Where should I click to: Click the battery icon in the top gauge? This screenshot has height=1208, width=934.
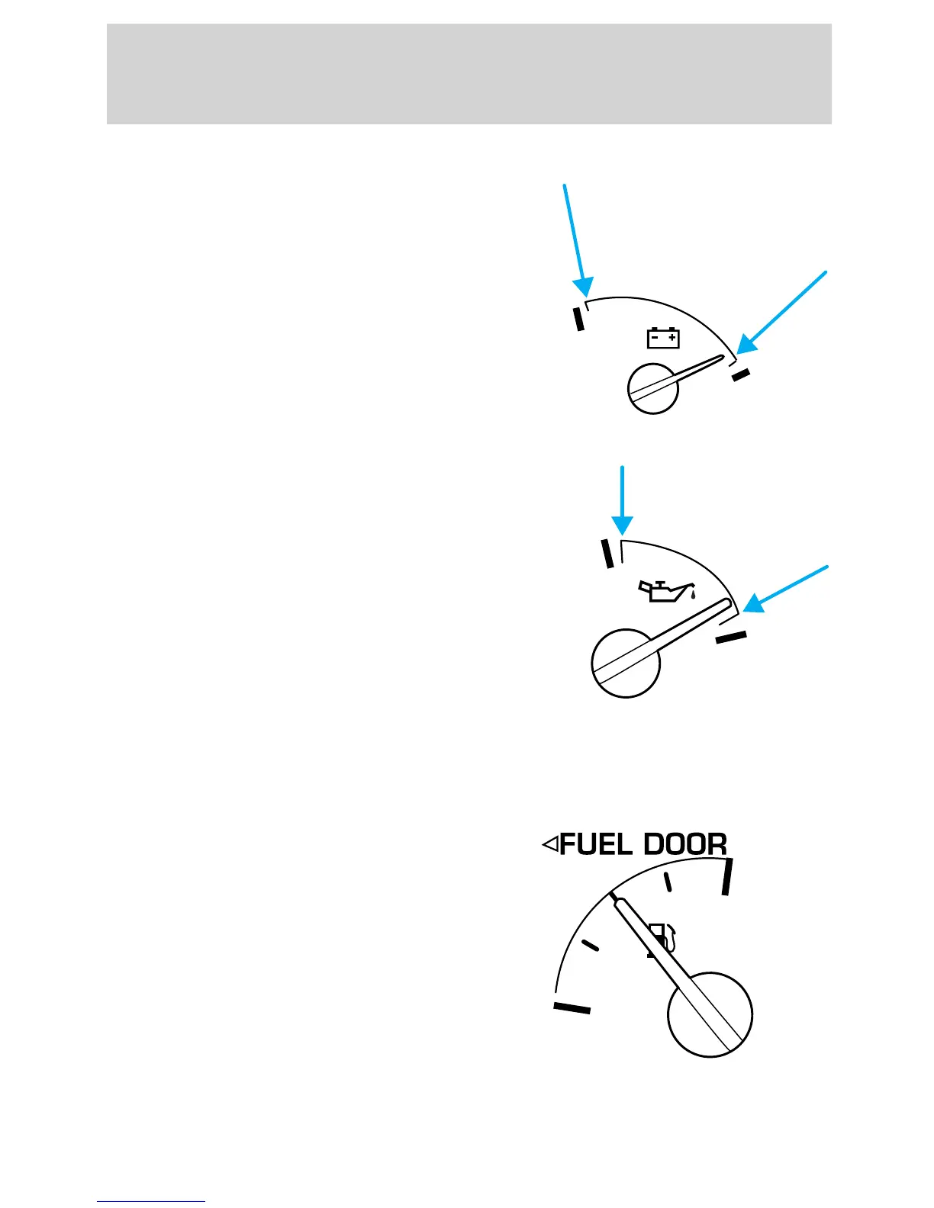click(x=663, y=338)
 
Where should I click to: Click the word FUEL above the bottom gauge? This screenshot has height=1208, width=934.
click(x=596, y=844)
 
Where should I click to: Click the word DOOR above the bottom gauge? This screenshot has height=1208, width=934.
click(x=685, y=844)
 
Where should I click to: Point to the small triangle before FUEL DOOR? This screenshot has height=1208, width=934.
click(x=549, y=844)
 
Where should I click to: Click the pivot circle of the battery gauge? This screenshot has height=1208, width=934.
click(x=652, y=389)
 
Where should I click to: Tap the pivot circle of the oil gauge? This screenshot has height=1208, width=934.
click(x=625, y=663)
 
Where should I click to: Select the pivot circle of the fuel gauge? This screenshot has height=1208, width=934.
click(x=710, y=1014)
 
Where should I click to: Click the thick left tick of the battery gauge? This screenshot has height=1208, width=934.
click(x=579, y=318)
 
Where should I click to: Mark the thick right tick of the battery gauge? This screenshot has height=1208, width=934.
click(x=741, y=374)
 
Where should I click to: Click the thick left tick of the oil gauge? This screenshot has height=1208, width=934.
click(x=608, y=553)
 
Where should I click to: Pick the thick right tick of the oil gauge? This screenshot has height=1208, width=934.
click(x=731, y=638)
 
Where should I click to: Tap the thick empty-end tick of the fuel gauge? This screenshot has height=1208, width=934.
click(x=572, y=1007)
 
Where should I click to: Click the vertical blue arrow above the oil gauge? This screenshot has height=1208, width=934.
click(x=623, y=500)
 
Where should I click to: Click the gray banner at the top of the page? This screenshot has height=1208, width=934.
click(x=469, y=74)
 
